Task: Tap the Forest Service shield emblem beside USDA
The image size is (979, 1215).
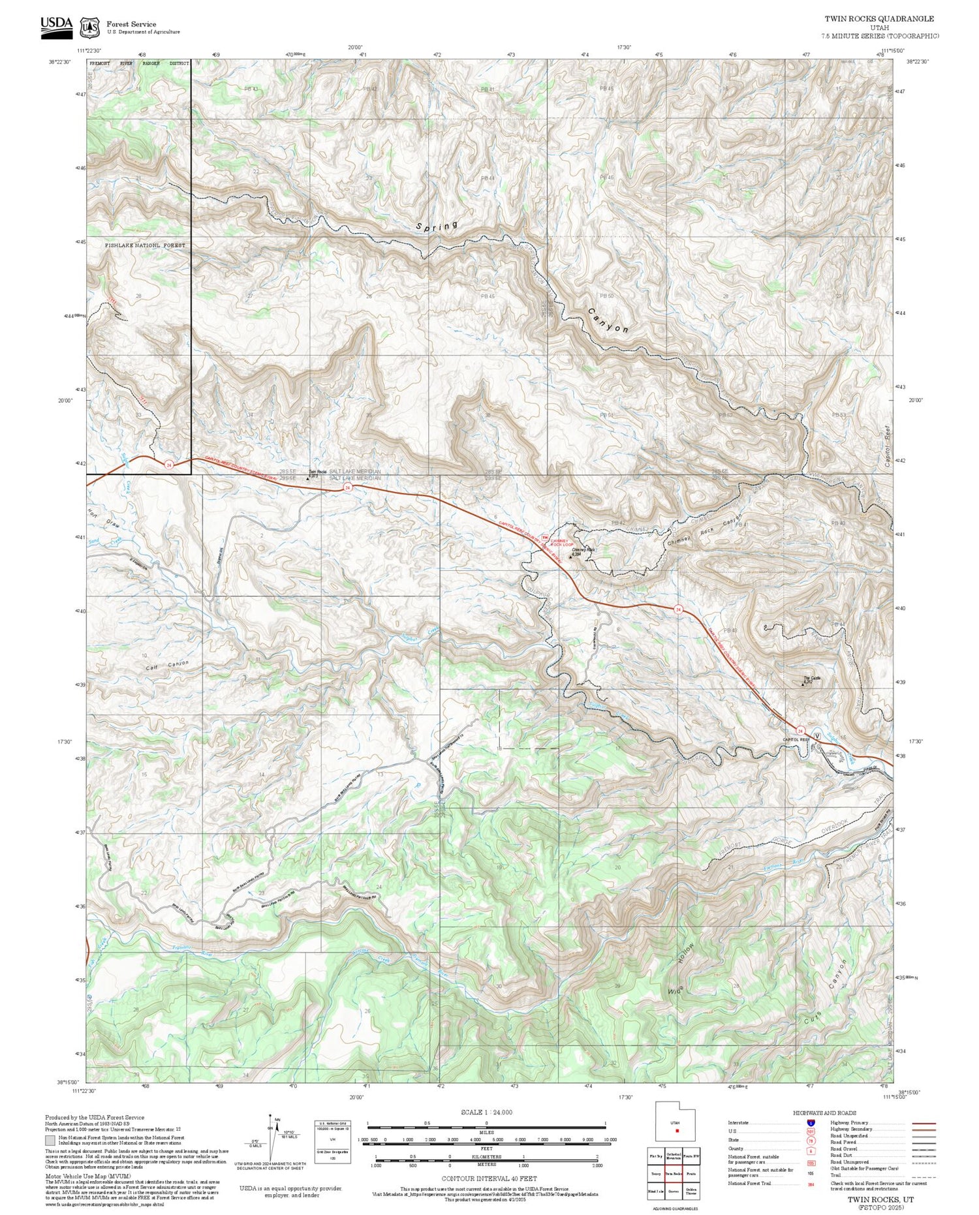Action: coord(89,27)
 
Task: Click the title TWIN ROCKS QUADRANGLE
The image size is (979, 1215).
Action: coord(878,19)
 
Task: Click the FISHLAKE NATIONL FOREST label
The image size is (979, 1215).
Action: coord(146,245)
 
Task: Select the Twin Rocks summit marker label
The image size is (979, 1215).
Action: coord(317,472)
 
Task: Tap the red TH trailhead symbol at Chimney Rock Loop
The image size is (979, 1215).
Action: coord(544,537)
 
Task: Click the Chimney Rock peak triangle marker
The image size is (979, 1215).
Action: coord(571,557)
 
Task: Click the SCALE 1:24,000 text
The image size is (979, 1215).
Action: coord(486,1112)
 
